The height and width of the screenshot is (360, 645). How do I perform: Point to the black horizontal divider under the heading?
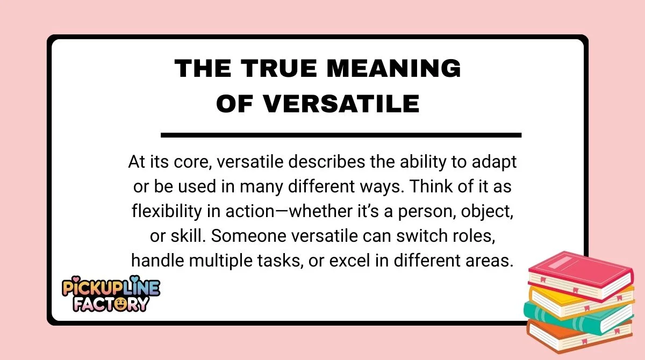coord(341,135)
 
